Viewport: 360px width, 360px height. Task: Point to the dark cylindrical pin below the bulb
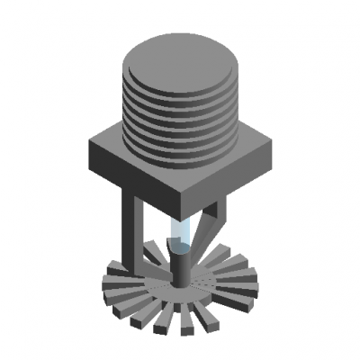179,267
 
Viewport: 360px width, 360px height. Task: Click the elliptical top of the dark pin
179,251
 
